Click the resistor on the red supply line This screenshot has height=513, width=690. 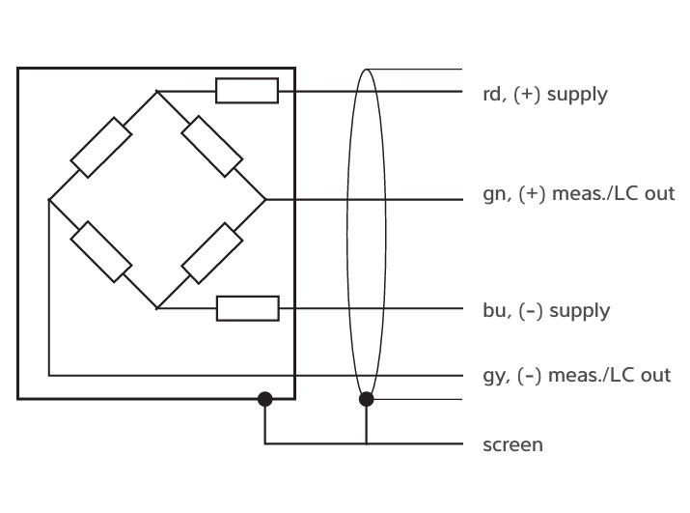tap(247, 91)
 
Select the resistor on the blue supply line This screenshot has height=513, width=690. tap(248, 308)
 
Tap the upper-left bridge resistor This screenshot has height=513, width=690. tap(101, 148)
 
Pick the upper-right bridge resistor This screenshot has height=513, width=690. tap(212, 147)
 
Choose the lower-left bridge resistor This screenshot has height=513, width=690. tap(101, 252)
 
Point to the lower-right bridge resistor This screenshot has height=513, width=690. tap(212, 253)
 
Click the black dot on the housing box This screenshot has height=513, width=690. tap(265, 399)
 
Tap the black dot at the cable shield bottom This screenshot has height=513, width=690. tap(367, 399)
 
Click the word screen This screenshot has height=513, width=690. tap(512, 445)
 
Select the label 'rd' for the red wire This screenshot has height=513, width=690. tap(492, 94)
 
